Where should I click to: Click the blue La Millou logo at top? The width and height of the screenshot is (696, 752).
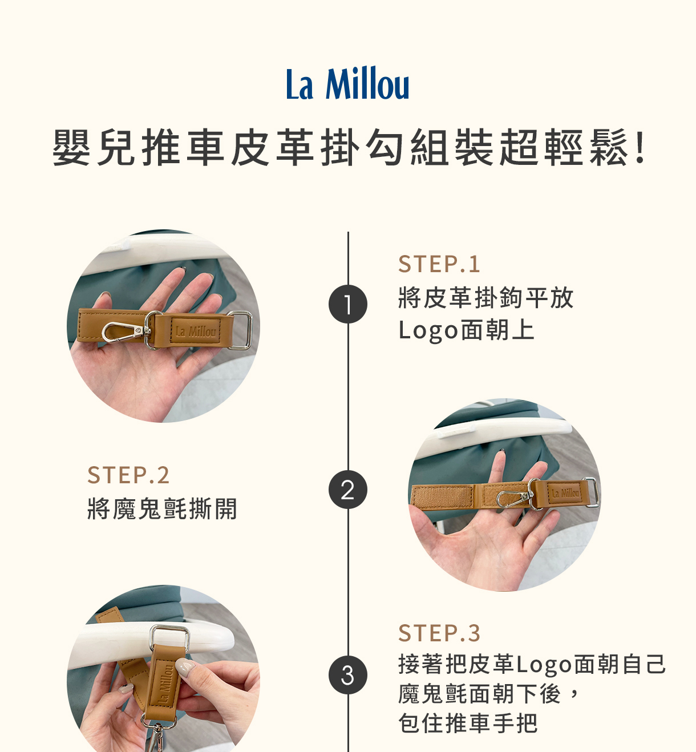pos(347,83)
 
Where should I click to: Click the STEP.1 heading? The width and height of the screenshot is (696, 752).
pos(439,264)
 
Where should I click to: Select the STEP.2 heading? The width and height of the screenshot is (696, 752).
pos(128,475)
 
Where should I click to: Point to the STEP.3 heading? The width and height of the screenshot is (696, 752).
pos(439,633)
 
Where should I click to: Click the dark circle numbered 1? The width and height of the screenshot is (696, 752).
pos(347,304)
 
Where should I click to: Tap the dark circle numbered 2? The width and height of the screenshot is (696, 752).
pos(347,489)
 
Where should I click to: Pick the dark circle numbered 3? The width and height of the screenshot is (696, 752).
pos(347,674)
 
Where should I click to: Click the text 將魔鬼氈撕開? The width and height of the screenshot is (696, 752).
pos(162,508)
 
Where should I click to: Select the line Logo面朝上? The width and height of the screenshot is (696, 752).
pos(466,330)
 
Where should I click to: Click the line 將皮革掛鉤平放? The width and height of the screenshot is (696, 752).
pos(486,298)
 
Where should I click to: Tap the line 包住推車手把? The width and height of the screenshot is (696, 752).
pos(468,723)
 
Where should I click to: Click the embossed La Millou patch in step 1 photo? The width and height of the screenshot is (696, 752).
pos(196,331)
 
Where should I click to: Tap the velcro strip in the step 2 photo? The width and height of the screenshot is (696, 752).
pos(442,496)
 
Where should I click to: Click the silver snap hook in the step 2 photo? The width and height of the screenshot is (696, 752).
pos(513,499)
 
